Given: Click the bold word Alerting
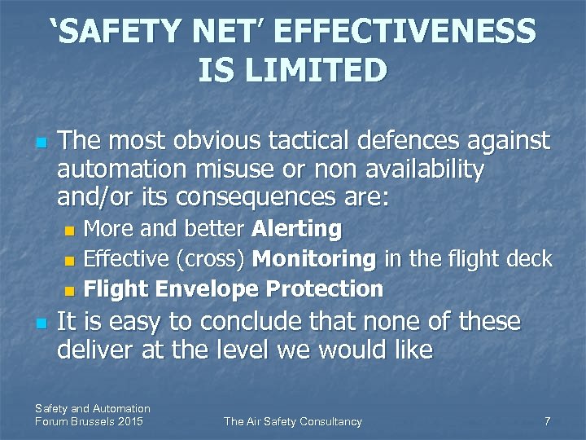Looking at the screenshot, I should (x=297, y=229).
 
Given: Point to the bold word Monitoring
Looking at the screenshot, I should (x=314, y=259).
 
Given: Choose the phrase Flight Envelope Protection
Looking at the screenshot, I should (x=234, y=288).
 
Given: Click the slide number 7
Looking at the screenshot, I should (x=547, y=421).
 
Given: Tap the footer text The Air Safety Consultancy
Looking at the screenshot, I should (x=293, y=421).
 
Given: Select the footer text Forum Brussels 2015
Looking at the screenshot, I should (x=89, y=421).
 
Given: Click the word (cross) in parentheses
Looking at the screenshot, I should (x=212, y=259).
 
